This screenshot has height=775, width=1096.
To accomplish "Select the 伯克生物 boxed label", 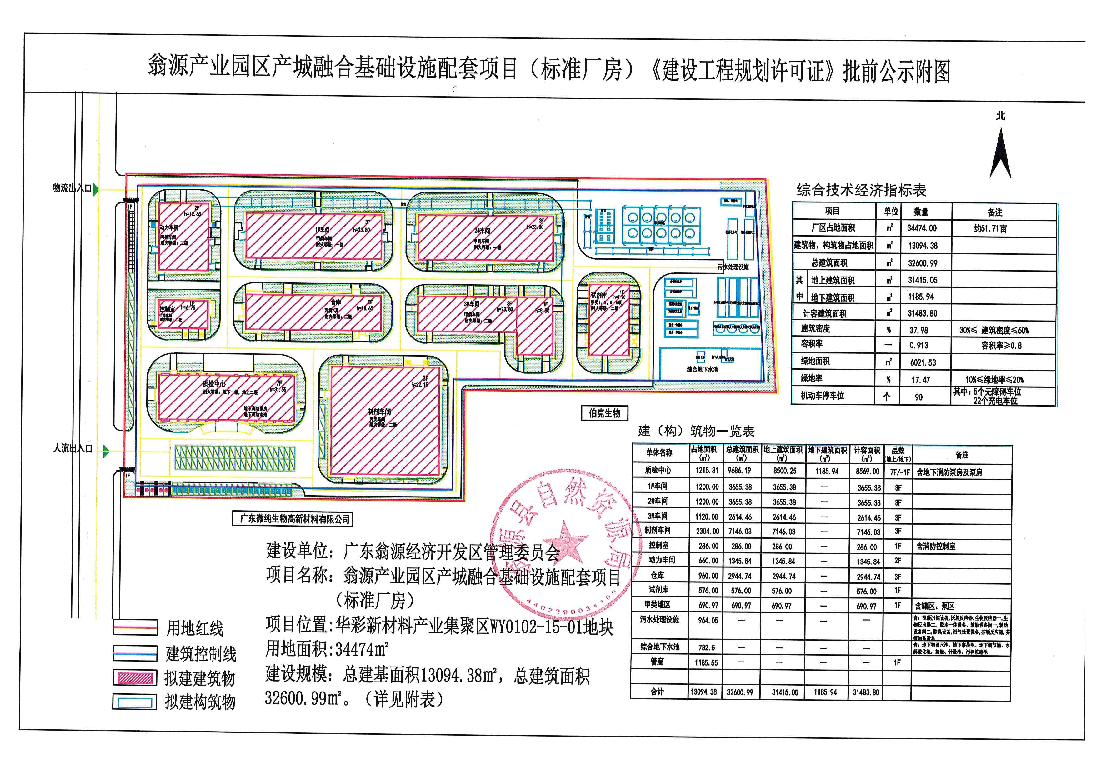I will point(604,413).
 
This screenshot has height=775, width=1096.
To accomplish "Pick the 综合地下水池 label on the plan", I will point(702,369).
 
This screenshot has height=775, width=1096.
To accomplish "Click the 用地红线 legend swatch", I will point(135,627).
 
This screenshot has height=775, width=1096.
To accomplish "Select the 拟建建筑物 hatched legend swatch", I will point(135,677).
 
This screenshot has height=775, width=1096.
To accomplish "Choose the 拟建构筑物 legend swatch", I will point(135,702).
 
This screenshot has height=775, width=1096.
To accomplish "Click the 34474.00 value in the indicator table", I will point(922,228).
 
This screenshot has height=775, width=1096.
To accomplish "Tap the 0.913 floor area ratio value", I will point(919,346).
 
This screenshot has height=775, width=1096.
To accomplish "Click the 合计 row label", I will point(657,692).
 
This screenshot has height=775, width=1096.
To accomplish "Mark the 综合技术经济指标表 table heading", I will point(861,190).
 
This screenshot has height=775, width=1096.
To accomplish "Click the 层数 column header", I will point(898,453).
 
